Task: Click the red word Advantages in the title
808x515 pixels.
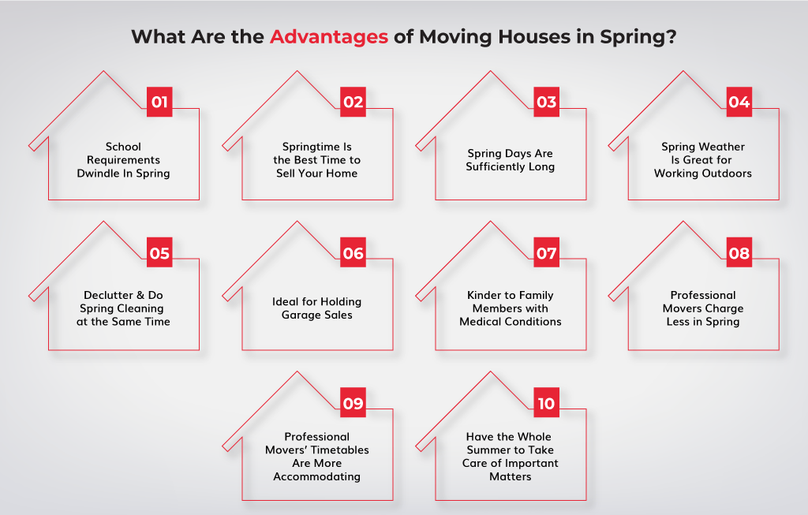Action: (x=329, y=37)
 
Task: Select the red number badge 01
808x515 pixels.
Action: (x=159, y=102)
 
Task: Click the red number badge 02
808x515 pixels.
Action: (x=353, y=102)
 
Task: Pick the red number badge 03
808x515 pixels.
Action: (x=546, y=102)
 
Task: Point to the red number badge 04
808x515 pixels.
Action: (x=739, y=102)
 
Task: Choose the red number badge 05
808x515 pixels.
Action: (x=159, y=252)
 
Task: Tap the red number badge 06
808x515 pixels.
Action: (x=353, y=252)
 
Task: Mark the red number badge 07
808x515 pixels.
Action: (x=546, y=252)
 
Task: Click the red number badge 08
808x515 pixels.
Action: (x=739, y=252)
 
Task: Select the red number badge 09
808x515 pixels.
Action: (x=353, y=403)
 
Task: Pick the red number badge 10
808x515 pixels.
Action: (x=546, y=403)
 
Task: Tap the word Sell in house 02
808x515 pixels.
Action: (x=286, y=173)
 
